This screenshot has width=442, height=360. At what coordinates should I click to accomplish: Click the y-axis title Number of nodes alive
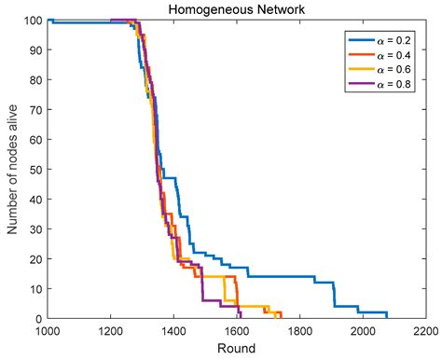(13, 169)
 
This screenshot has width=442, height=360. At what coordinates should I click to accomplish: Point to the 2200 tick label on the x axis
(425, 331)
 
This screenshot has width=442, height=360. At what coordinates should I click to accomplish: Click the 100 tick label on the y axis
(32, 21)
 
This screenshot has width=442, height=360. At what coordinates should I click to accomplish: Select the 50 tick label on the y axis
(35, 170)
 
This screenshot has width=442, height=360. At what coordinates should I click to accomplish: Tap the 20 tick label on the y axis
(35, 259)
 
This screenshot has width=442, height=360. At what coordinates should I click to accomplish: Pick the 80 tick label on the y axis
(35, 80)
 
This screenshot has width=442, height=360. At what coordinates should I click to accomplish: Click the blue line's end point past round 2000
(386, 318)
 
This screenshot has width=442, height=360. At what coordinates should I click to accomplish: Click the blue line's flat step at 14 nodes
(280, 277)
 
